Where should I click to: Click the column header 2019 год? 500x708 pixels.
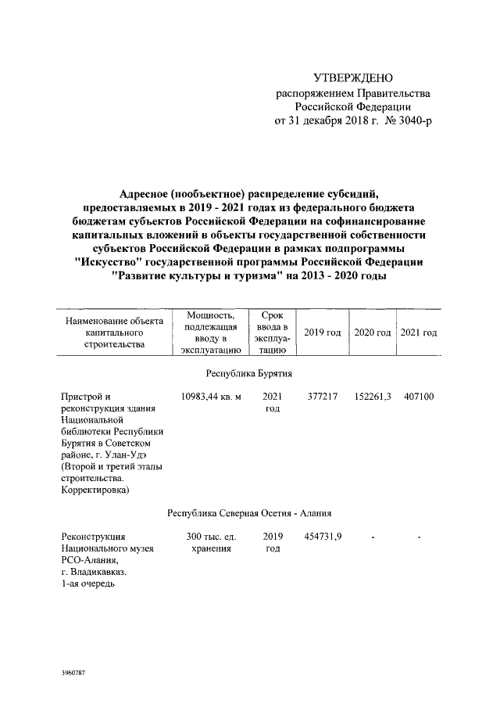click(x=322, y=332)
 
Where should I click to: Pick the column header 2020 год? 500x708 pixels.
click(x=372, y=332)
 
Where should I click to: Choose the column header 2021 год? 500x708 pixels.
click(x=418, y=332)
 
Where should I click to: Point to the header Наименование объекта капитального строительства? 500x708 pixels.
click(x=114, y=332)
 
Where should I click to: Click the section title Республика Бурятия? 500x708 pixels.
click(x=249, y=374)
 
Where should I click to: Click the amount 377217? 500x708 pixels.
click(x=320, y=397)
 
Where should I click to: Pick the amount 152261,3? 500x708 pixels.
click(x=372, y=397)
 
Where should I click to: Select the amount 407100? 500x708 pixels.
click(x=419, y=397)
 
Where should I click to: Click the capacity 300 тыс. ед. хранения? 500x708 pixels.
click(x=211, y=543)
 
